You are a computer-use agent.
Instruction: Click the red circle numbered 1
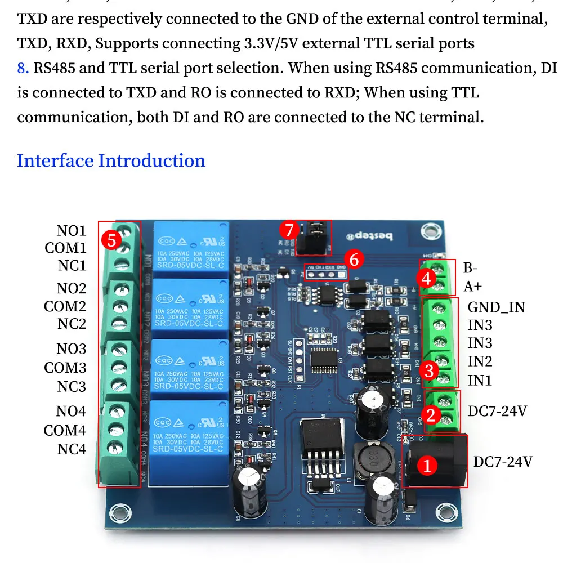(x=427, y=466)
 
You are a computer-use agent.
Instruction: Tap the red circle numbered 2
(x=431, y=415)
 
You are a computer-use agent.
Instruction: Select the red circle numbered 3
(x=430, y=370)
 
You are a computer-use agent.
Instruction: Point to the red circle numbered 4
(x=426, y=278)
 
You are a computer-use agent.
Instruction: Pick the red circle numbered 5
(x=111, y=240)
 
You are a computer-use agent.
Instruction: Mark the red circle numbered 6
(x=354, y=260)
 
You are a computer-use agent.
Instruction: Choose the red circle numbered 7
(x=289, y=230)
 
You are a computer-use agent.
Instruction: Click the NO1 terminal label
(x=71, y=231)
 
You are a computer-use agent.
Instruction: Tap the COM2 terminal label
(x=65, y=307)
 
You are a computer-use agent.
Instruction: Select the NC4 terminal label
(x=72, y=449)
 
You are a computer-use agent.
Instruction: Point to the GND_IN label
(x=496, y=307)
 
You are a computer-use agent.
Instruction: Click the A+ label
(x=473, y=286)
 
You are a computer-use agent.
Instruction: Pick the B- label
(x=471, y=267)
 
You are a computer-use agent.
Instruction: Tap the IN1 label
(x=480, y=381)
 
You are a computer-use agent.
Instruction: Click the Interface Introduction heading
(x=111, y=161)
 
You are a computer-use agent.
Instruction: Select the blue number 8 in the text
(x=23, y=68)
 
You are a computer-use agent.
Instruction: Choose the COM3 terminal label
(x=65, y=368)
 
